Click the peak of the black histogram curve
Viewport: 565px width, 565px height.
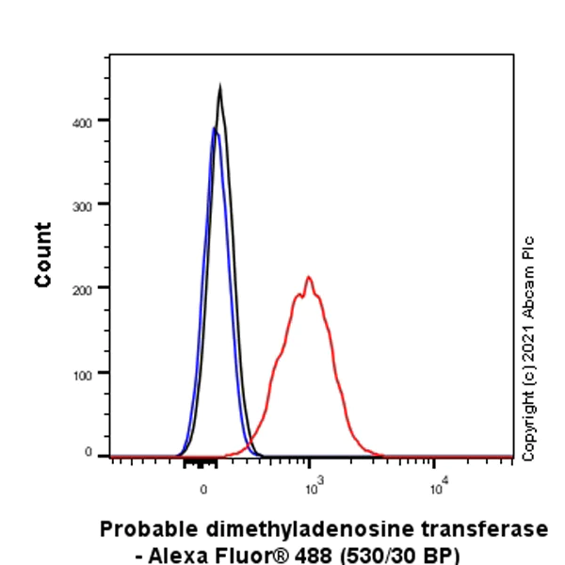pos(219,88)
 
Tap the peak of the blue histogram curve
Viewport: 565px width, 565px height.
pos(214,128)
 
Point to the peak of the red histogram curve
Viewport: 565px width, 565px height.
pos(308,277)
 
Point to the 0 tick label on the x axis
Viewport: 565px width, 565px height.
pos(203,489)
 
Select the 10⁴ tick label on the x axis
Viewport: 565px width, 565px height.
pos(437,486)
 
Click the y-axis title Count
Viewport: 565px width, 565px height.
pos(43,254)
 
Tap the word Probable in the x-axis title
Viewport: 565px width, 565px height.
pos(144,528)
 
